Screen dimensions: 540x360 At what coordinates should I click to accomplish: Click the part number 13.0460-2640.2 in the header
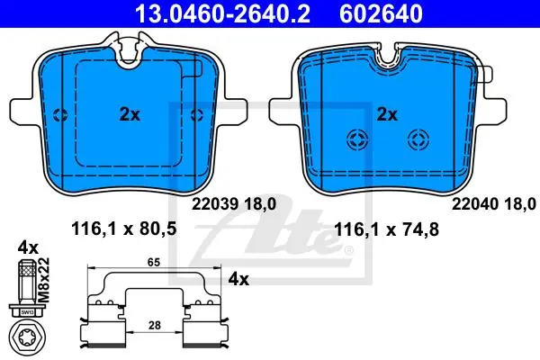[222, 13]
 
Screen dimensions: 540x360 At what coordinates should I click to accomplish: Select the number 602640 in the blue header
[381, 13]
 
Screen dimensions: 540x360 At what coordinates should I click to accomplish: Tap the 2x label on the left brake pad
[130, 114]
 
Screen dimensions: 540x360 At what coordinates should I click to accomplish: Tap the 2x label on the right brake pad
[387, 114]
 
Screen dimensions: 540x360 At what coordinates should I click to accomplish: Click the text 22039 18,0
[234, 204]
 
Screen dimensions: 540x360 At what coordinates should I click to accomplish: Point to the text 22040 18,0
[494, 204]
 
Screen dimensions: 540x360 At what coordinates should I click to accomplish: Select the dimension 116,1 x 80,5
[123, 229]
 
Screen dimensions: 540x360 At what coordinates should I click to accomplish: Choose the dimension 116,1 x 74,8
[386, 229]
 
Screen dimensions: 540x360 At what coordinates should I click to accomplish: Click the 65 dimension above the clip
[154, 263]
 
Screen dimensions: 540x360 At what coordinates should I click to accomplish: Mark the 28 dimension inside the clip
[154, 325]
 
